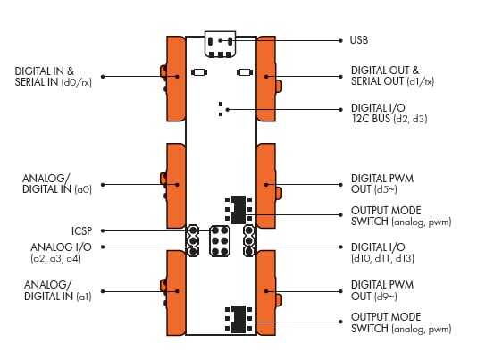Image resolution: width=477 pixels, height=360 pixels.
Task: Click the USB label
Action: coord(359,40)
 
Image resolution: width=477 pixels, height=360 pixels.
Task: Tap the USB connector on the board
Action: coord(220,45)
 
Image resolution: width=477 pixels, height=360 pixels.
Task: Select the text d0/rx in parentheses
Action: coord(76,82)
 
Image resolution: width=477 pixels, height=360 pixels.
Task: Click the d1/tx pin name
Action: coord(420,81)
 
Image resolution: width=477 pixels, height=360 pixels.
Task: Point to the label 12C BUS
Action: coord(371,119)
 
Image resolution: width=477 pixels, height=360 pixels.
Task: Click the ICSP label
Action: coord(81,231)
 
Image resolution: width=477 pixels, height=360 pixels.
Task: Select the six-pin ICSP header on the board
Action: coord(220,240)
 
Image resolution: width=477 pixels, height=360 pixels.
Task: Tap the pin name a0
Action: coord(83,189)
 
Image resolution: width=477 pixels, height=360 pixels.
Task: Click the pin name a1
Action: coord(84,297)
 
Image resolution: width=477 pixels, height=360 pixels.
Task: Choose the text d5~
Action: coord(387,189)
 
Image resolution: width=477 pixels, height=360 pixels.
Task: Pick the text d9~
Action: coord(387,297)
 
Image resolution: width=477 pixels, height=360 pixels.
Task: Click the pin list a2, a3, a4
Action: coord(55,259)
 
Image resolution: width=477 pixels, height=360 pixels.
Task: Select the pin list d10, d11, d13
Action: coord(382,259)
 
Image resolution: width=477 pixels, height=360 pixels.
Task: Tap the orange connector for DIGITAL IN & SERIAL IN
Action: coord(176,79)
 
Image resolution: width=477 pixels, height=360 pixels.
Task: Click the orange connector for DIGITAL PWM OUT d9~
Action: coord(267,293)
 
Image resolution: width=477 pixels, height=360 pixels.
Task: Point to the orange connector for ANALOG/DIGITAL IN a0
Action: coord(176,186)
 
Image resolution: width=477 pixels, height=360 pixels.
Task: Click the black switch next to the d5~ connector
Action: coord(238,210)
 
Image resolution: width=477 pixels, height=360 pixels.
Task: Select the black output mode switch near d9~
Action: coord(238,319)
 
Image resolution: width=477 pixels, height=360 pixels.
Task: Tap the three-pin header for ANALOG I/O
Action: coord(192,240)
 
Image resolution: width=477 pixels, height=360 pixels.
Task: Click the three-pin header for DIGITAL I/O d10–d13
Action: coord(249,240)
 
